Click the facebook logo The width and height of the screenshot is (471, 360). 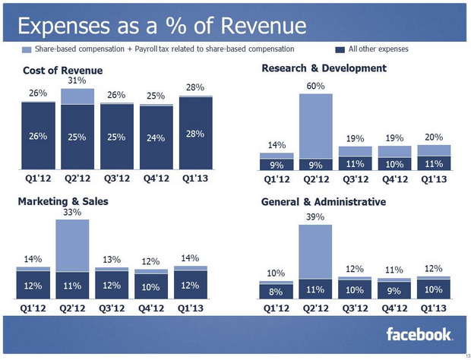(419, 334)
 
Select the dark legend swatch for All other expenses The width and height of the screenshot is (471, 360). (339, 49)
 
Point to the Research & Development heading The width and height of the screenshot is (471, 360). (324, 68)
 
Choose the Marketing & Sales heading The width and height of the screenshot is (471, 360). (63, 201)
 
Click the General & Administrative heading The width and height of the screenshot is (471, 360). (324, 201)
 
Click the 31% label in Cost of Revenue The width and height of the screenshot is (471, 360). (77, 80)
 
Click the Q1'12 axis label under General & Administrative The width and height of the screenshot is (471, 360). (276, 310)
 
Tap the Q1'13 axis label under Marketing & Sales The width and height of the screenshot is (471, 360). (195, 310)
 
